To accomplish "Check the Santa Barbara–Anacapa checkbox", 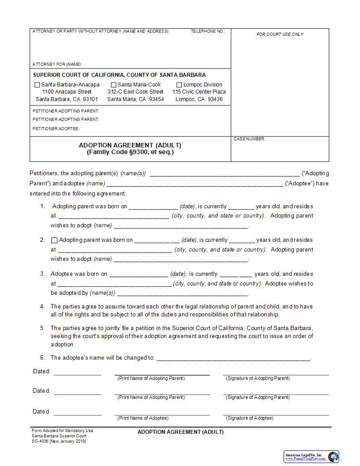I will point(37,85).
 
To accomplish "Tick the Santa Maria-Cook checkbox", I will point(113,85).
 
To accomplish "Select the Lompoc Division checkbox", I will point(179,85).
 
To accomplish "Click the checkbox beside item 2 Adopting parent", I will point(55,241).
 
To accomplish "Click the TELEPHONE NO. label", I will point(208,31).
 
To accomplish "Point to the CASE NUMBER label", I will point(249,139).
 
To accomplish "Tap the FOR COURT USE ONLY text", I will point(280,34).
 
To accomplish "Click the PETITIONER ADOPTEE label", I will point(56,128).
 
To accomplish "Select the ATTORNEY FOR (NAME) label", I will point(57,64).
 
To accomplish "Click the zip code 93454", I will point(156,99).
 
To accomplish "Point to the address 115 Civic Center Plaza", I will point(199,92).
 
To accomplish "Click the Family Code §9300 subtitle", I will point(130,152).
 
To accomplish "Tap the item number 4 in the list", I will point(42,306).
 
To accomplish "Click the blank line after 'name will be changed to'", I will point(233,358).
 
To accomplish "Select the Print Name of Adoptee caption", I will point(142,418).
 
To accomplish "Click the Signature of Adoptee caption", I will point(250,418).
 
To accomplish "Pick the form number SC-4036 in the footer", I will point(40,441).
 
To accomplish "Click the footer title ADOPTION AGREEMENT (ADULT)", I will point(180,432).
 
